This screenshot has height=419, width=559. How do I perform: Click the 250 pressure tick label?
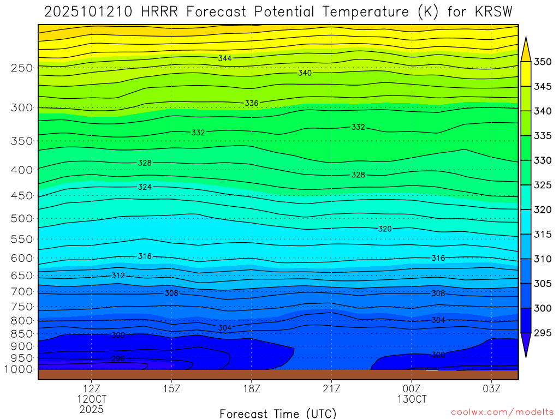click(21, 68)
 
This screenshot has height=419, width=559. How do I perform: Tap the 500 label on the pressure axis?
click(21, 219)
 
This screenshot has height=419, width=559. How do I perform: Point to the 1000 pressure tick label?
click(19, 369)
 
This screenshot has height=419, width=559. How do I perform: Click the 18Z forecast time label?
click(251, 389)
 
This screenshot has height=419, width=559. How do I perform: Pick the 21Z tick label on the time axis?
click(331, 389)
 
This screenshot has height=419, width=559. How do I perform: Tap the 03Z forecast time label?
click(491, 389)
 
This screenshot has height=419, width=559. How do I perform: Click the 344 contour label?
click(225, 58)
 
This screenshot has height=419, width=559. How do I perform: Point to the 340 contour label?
click(305, 73)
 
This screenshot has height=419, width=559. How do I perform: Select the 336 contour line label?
click(251, 103)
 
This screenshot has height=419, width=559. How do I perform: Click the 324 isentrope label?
click(145, 187)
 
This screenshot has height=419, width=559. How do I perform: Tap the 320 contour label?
click(385, 229)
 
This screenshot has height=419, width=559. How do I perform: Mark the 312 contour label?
click(118, 276)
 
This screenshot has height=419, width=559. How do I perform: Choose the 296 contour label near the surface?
click(118, 358)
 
